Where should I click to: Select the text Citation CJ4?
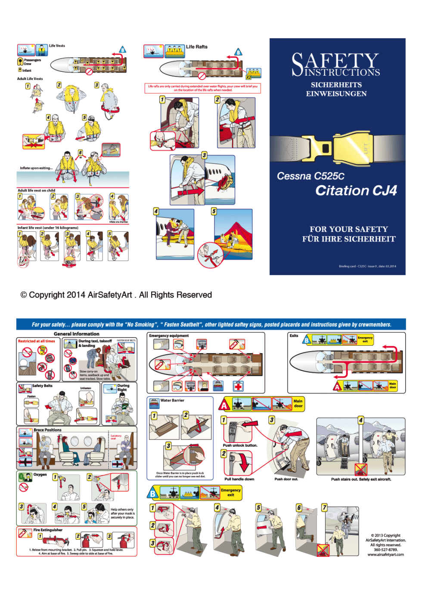356,191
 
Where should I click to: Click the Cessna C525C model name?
310,176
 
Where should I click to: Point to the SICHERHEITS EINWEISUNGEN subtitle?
336,89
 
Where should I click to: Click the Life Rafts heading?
196,47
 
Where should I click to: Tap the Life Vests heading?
57,46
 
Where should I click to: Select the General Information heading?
76,334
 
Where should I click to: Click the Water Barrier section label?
172,400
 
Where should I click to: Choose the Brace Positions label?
47,430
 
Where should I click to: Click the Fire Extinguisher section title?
48,530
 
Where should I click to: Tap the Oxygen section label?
40,475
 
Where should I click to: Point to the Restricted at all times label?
37,341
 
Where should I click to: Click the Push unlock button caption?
240,446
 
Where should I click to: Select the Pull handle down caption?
239,479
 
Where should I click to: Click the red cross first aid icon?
238,386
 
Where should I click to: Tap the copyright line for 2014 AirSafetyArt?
116,295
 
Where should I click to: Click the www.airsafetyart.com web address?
385,555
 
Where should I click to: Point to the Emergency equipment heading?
169,336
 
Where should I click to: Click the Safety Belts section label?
42,386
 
